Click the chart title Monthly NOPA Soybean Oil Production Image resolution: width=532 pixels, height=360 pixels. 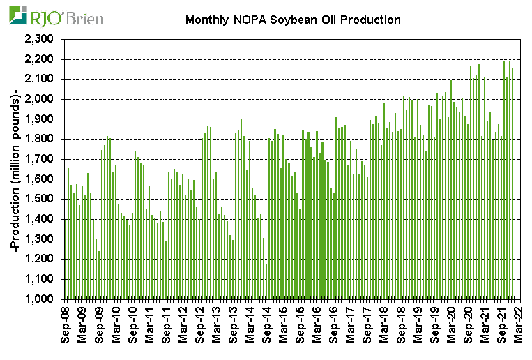pyautogui.click(x=293, y=20)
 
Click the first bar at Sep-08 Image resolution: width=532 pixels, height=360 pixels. pyautogui.click(x=65, y=258)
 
